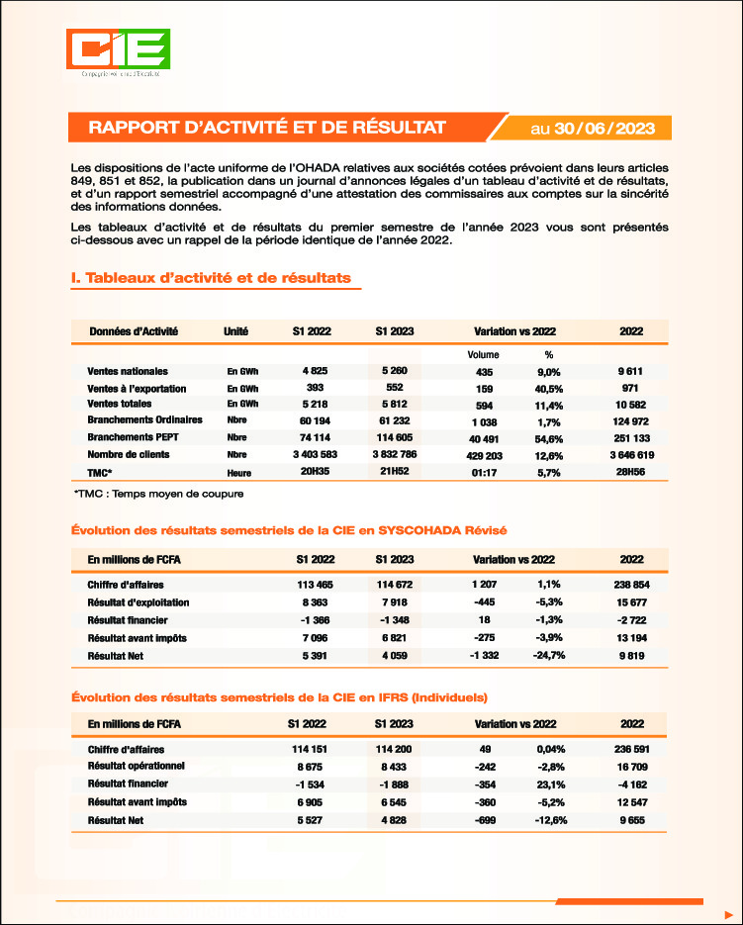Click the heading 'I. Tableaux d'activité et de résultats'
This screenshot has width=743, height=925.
point(211,278)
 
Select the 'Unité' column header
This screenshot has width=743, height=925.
point(236,330)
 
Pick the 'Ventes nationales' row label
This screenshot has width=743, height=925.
point(128,371)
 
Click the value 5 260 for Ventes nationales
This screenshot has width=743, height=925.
point(395,371)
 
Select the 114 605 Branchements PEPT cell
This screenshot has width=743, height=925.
point(395,437)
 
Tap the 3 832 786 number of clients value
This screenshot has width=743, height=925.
point(395,454)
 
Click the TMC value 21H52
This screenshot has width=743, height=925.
point(395,472)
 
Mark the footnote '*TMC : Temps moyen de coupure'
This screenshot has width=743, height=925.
point(158,493)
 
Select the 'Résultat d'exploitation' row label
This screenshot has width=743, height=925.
point(138,602)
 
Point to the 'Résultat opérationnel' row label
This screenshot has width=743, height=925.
point(137,766)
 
